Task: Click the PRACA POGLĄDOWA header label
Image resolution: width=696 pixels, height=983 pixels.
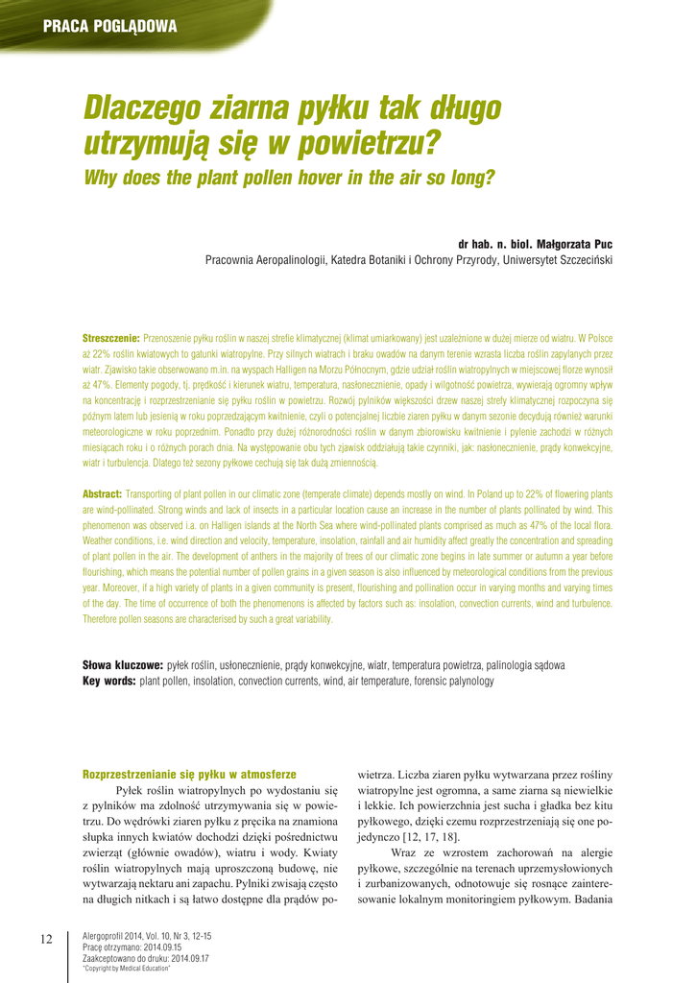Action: coord(109,27)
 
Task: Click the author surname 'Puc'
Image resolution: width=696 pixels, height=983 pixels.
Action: coord(602,244)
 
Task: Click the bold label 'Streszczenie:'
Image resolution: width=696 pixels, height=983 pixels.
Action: coord(111,338)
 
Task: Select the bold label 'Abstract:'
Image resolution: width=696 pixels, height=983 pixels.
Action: coord(102,493)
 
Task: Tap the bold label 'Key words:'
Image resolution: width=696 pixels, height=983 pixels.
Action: coord(109,681)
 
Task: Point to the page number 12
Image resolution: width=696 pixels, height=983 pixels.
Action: coord(46,938)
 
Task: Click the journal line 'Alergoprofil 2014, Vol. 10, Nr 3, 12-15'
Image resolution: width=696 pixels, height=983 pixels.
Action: coord(148,935)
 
